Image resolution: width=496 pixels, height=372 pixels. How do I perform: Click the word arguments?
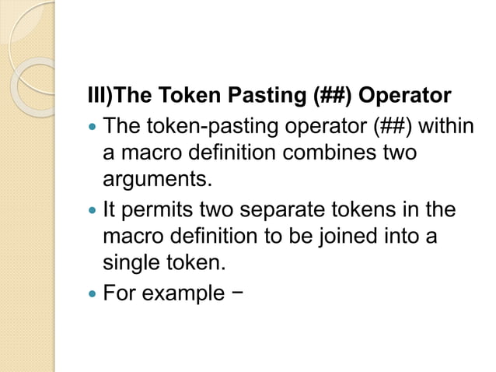(156, 181)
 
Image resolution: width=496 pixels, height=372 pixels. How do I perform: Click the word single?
(131, 264)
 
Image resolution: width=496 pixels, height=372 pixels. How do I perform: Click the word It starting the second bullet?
(110, 210)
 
